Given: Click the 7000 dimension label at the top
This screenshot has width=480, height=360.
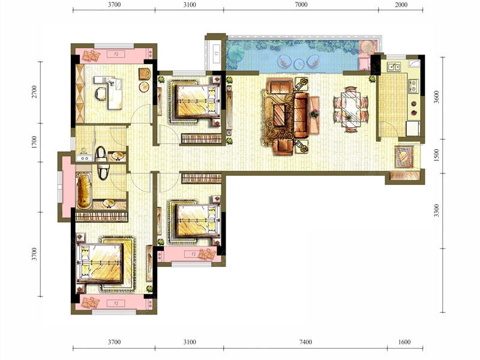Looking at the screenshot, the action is (x=301, y=5).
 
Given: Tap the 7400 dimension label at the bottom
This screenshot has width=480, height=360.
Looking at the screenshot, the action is (x=305, y=342).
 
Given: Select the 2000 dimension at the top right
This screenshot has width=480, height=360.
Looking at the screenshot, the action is (x=401, y=5).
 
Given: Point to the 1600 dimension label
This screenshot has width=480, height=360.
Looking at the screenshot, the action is (x=404, y=342).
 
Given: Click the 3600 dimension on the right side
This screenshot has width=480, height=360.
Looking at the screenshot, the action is (x=437, y=97).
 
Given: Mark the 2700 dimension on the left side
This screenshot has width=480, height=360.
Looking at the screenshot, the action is (x=34, y=92).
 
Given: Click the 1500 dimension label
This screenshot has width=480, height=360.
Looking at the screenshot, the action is (x=437, y=155).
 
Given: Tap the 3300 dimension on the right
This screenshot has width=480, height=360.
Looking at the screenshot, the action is (x=437, y=211).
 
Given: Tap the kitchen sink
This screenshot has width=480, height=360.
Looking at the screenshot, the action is (x=394, y=67).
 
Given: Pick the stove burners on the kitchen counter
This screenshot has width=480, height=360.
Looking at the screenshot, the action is (x=413, y=86).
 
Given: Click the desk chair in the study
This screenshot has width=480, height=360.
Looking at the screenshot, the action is (x=101, y=94).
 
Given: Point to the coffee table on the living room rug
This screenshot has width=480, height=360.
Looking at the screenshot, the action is (x=279, y=115).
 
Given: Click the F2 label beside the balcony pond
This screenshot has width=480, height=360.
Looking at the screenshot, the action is (x=217, y=53).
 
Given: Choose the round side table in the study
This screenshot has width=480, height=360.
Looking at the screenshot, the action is (x=144, y=87).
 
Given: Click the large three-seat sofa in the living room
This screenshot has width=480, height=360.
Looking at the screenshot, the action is (x=302, y=115).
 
